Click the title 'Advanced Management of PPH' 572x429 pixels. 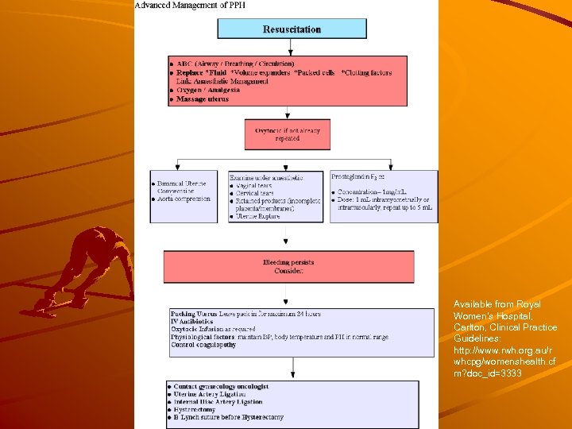click(190, 6)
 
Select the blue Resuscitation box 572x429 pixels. click(292, 29)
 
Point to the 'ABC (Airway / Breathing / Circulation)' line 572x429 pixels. click(235, 64)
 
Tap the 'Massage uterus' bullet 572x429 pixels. click(203, 99)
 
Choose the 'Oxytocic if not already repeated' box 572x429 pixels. click(288, 133)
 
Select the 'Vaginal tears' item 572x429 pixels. click(255, 185)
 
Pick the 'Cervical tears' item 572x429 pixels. click(256, 193)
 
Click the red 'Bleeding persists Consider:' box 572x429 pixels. click(288, 267)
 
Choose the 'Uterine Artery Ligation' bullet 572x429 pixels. click(211, 394)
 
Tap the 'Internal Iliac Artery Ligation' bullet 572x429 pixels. click(219, 402)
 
